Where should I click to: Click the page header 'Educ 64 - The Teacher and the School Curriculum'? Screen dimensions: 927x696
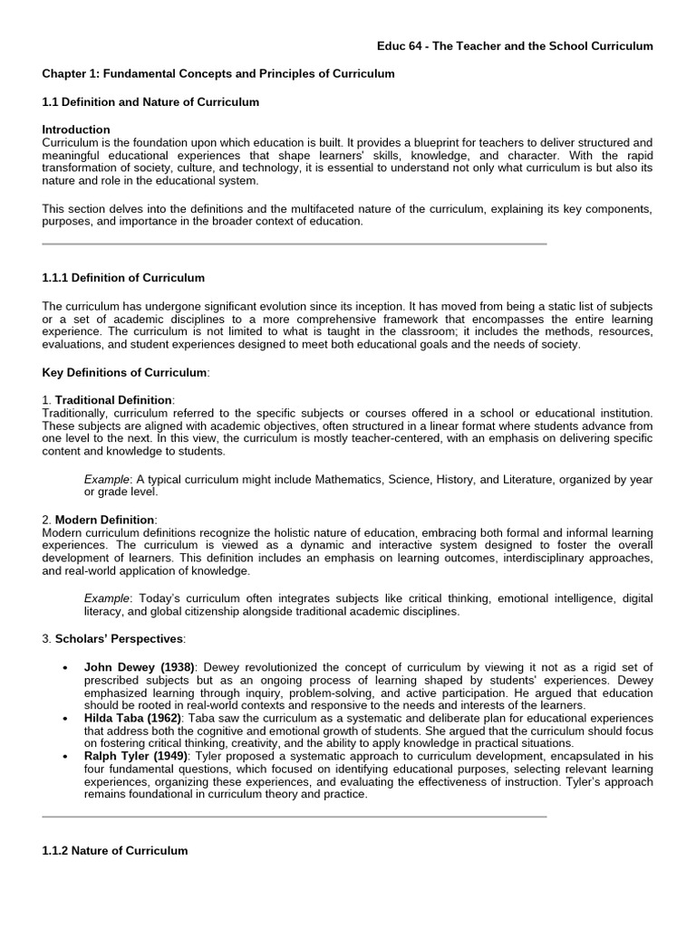click(x=515, y=46)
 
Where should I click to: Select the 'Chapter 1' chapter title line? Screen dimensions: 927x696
click(x=218, y=73)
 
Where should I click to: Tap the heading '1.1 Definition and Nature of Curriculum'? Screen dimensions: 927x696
click(x=150, y=102)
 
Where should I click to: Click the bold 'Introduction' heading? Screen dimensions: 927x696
click(x=76, y=129)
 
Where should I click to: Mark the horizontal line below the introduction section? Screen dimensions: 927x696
click(x=295, y=244)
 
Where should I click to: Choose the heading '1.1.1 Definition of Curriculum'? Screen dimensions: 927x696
click(x=123, y=278)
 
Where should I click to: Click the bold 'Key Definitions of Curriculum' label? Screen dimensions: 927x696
click(x=125, y=372)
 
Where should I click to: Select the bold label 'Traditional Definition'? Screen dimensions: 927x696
click(x=113, y=399)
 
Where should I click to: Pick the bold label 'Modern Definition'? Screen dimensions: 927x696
click(x=105, y=519)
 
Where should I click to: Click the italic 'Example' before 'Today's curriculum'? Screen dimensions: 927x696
click(x=107, y=598)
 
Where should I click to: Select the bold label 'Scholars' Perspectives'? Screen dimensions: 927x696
click(x=120, y=638)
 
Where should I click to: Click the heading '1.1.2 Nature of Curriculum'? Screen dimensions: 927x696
click(x=115, y=851)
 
